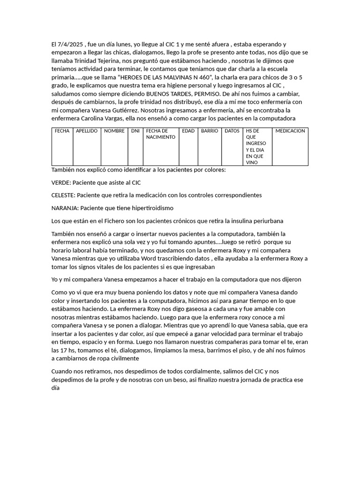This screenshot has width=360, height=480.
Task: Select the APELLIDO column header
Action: coord(87,131)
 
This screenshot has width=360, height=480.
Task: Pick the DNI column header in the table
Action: coord(135,131)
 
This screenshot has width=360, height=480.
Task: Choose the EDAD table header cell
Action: coord(188,131)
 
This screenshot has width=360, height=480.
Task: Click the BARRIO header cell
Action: coord(210,131)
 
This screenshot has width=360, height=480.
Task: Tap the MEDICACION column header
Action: coord(290,131)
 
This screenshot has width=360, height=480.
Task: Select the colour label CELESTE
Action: coord(64,195)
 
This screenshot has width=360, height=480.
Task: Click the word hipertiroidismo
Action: coord(153,208)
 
